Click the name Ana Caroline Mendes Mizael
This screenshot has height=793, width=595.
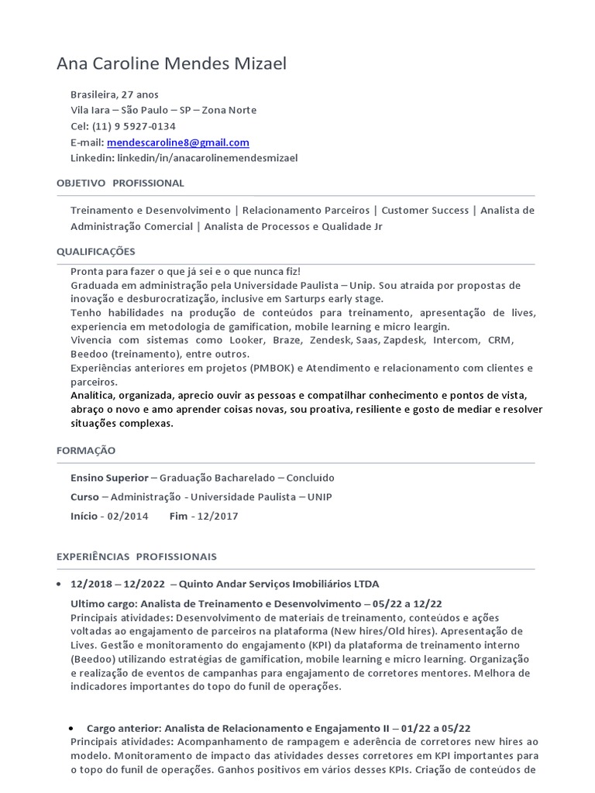[x=171, y=64]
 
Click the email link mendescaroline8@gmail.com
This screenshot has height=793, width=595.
[x=178, y=142]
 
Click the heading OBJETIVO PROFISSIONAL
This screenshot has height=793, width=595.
[x=120, y=184]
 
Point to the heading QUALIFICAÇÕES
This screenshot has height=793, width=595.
[x=96, y=252]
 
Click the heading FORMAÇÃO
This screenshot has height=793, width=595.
[x=86, y=450]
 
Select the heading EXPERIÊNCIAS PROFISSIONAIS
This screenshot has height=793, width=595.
[x=136, y=557]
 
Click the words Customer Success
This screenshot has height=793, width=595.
[x=425, y=211]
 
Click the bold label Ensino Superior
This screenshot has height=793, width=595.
[x=108, y=478]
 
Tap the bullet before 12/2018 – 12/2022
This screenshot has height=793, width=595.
[x=61, y=584]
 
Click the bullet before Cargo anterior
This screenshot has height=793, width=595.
[x=71, y=729]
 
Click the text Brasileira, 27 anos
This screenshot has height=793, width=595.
[x=114, y=94]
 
